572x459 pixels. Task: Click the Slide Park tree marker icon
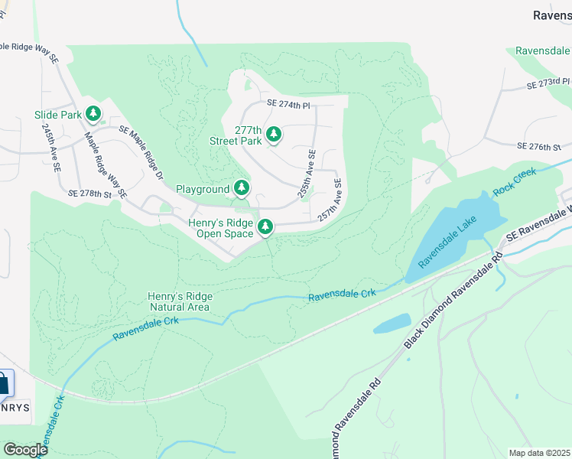click(93, 115)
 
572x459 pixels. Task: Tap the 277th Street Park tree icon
click(273, 135)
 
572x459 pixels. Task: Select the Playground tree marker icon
click(242, 188)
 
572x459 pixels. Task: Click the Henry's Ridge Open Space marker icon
click(265, 226)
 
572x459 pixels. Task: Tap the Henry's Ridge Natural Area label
click(180, 301)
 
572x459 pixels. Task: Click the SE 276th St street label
click(538, 145)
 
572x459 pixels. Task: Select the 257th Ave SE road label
click(330, 200)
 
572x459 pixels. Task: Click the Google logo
click(26, 450)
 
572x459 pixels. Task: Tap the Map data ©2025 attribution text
click(538, 453)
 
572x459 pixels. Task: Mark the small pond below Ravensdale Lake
click(392, 324)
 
